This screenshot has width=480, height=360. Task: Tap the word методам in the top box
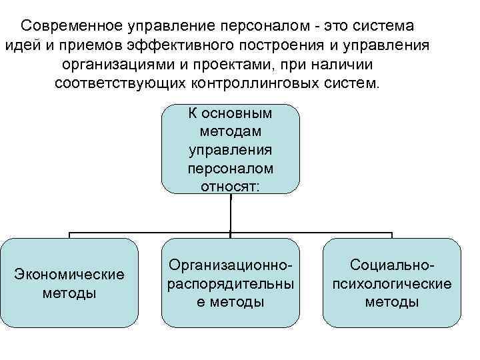click(x=231, y=133)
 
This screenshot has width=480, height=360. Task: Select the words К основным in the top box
click(x=231, y=115)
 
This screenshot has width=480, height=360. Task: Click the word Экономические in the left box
click(x=69, y=275)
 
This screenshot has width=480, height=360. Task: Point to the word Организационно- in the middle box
click(x=231, y=265)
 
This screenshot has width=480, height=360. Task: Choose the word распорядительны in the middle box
click(x=231, y=283)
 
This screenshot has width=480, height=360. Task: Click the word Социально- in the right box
click(x=392, y=265)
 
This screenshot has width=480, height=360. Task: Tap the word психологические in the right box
click(x=392, y=283)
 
